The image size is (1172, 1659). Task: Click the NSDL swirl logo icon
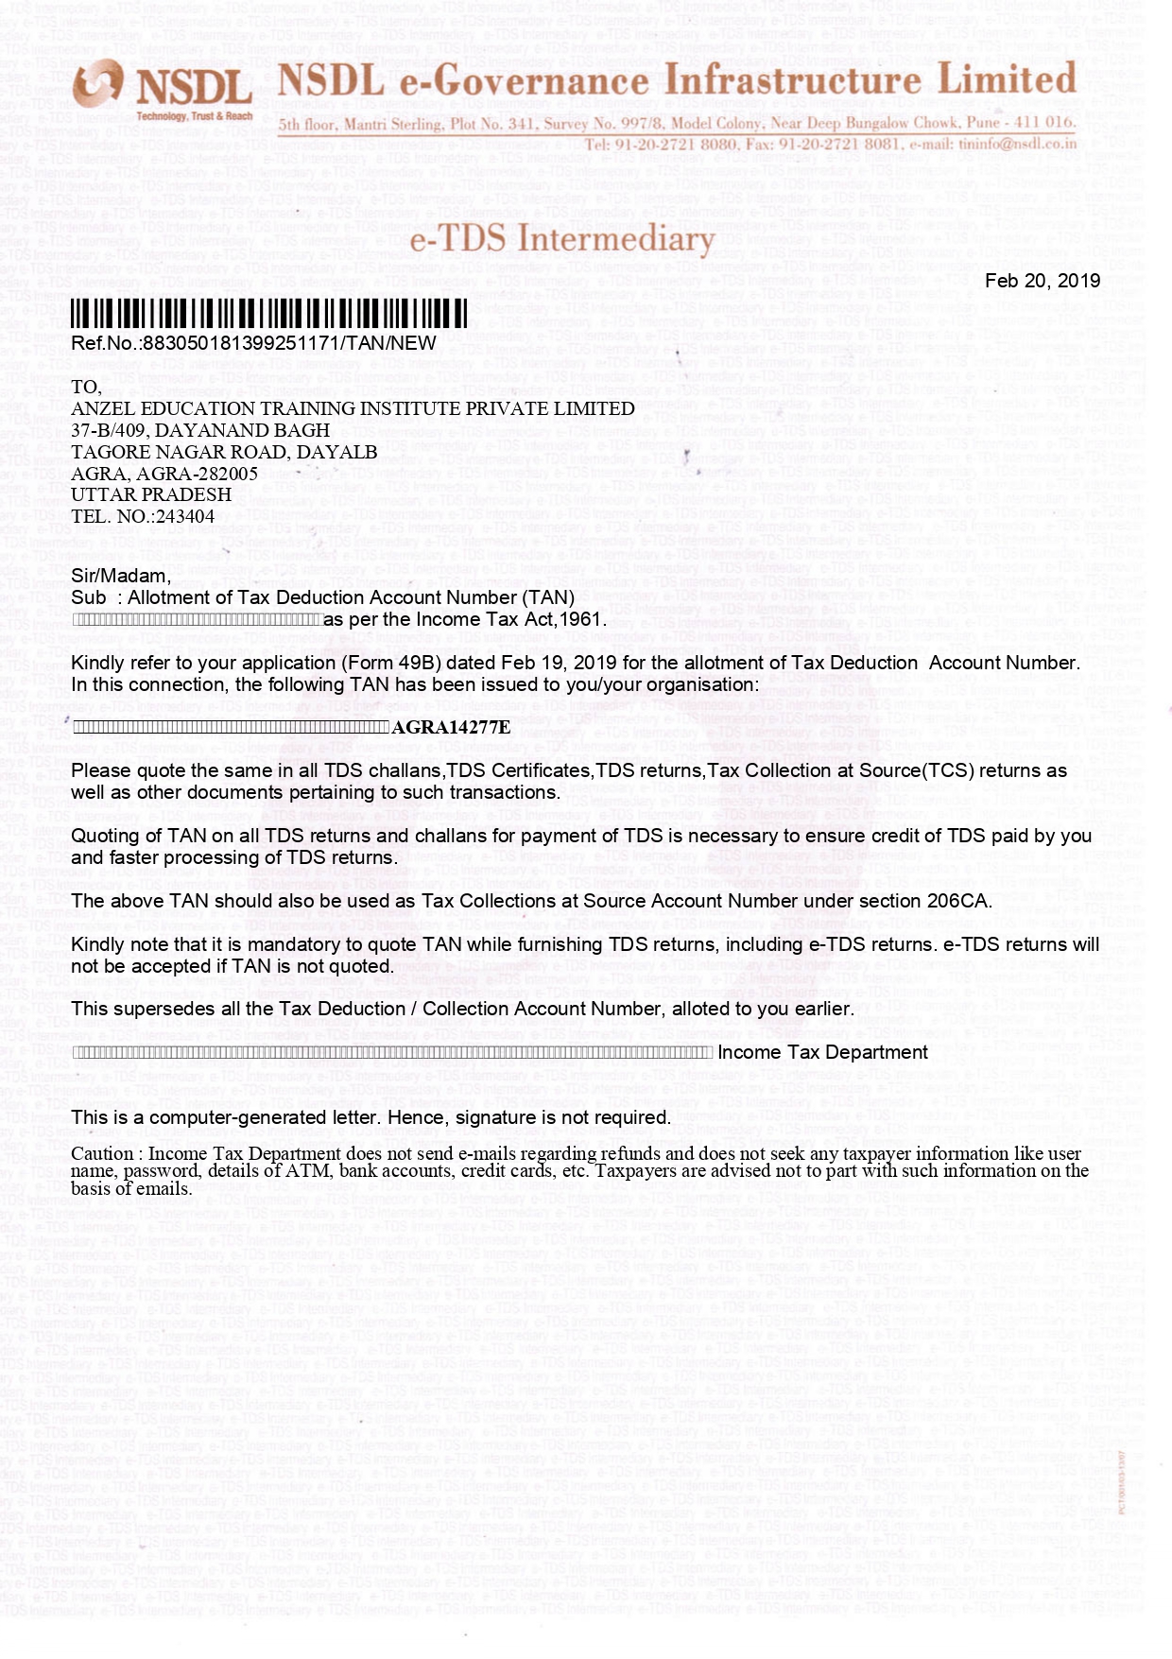[98, 84]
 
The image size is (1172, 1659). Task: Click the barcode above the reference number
[269, 313]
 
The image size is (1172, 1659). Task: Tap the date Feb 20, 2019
[1043, 281]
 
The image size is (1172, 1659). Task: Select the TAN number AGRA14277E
[451, 727]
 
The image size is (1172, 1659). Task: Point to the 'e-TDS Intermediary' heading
[561, 239]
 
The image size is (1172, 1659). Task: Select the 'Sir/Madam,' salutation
[121, 576]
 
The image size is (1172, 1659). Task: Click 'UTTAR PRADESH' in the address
[151, 494]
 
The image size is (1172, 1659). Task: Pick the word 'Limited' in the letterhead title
[1007, 79]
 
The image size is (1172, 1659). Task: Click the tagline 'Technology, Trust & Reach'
[195, 116]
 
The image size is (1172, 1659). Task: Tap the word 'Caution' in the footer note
[102, 1154]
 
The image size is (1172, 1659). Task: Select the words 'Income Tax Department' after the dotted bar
[822, 1052]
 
